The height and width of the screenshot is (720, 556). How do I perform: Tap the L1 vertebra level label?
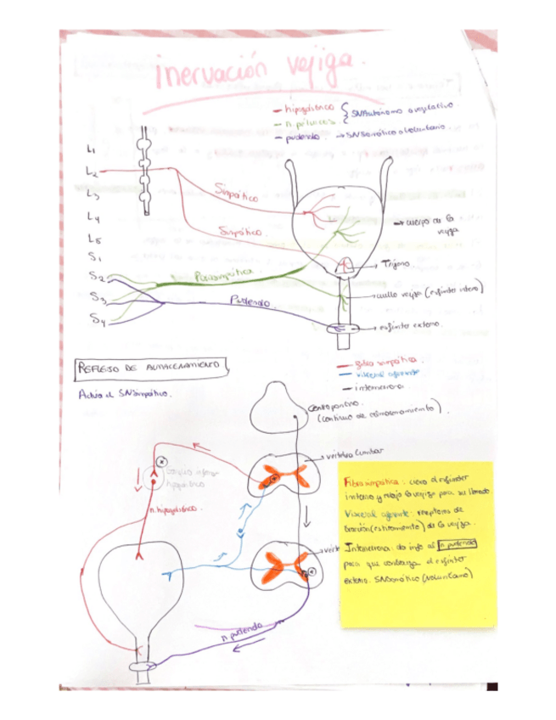tap(92, 149)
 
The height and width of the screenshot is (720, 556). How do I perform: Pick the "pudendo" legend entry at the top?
tap(302, 136)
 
